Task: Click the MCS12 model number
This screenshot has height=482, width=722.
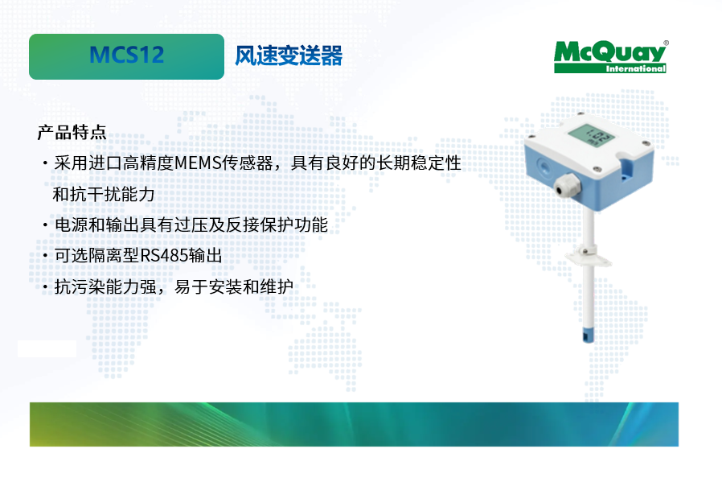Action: (126, 55)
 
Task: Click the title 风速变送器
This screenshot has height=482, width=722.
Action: (289, 56)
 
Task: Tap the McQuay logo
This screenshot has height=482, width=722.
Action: (610, 56)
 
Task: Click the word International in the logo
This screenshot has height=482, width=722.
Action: (635, 68)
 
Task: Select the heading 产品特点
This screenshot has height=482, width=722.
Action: (72, 132)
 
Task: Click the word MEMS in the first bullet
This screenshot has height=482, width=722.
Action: (198, 163)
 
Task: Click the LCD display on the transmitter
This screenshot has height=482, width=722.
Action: (591, 135)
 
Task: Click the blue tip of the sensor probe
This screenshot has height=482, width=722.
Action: (588, 335)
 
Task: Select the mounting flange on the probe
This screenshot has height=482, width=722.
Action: (588, 255)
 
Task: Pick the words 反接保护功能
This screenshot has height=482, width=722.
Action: (277, 225)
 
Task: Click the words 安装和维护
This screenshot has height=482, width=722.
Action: (251, 286)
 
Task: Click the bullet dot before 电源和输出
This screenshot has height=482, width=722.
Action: (45, 225)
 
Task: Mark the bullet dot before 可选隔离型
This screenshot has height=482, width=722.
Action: (45, 256)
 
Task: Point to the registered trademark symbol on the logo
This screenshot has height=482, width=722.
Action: (666, 43)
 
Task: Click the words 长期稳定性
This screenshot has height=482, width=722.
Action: (419, 163)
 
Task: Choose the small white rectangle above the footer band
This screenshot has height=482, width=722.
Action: (47, 349)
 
